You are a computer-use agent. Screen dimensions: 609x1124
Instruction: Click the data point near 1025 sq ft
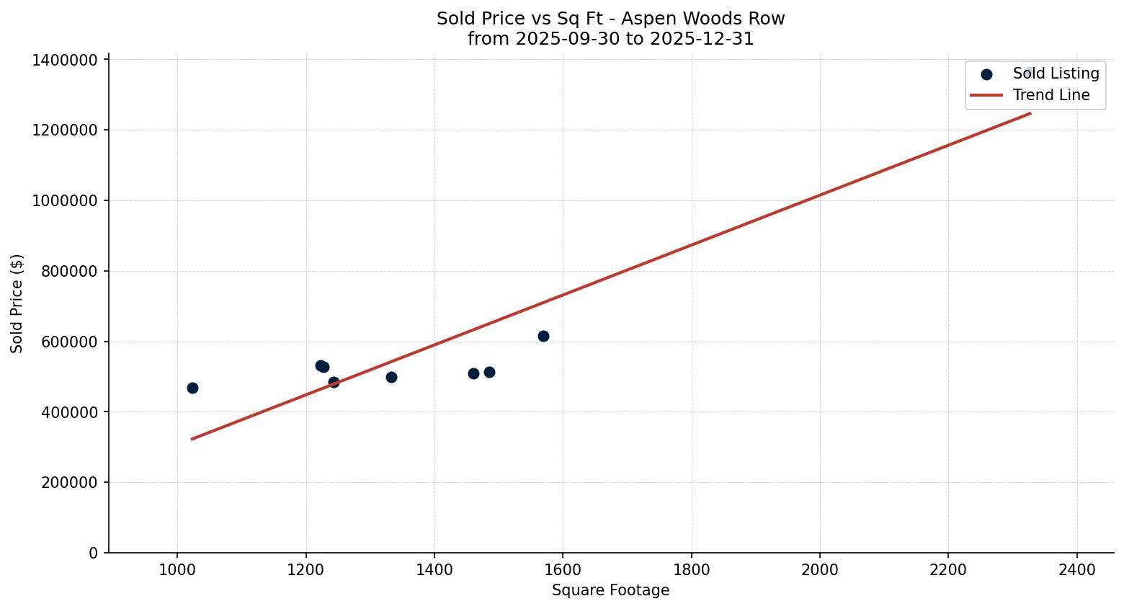192,388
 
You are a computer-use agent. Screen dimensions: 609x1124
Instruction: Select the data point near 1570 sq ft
543,336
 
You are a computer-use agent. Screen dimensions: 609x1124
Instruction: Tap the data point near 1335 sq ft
391,377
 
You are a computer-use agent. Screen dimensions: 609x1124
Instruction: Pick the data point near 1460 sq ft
473,373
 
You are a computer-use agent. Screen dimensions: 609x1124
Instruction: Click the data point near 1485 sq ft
489,372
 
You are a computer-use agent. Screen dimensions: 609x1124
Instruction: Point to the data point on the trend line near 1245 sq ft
334,382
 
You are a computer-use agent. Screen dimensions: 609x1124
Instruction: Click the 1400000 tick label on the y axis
65,60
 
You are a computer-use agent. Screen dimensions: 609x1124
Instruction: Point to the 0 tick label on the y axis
93,553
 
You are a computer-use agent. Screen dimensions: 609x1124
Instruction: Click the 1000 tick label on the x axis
177,569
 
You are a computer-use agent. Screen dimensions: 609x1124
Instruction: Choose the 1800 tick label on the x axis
692,569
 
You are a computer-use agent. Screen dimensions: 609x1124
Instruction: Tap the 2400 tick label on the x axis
1077,569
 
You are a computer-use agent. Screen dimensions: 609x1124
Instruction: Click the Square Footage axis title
610,591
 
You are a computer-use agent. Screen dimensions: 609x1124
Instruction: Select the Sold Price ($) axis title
17,303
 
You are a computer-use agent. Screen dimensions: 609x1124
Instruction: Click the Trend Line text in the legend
1051,95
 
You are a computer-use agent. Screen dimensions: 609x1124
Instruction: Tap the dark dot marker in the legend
987,74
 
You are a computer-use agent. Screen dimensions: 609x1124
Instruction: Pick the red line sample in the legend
986,95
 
